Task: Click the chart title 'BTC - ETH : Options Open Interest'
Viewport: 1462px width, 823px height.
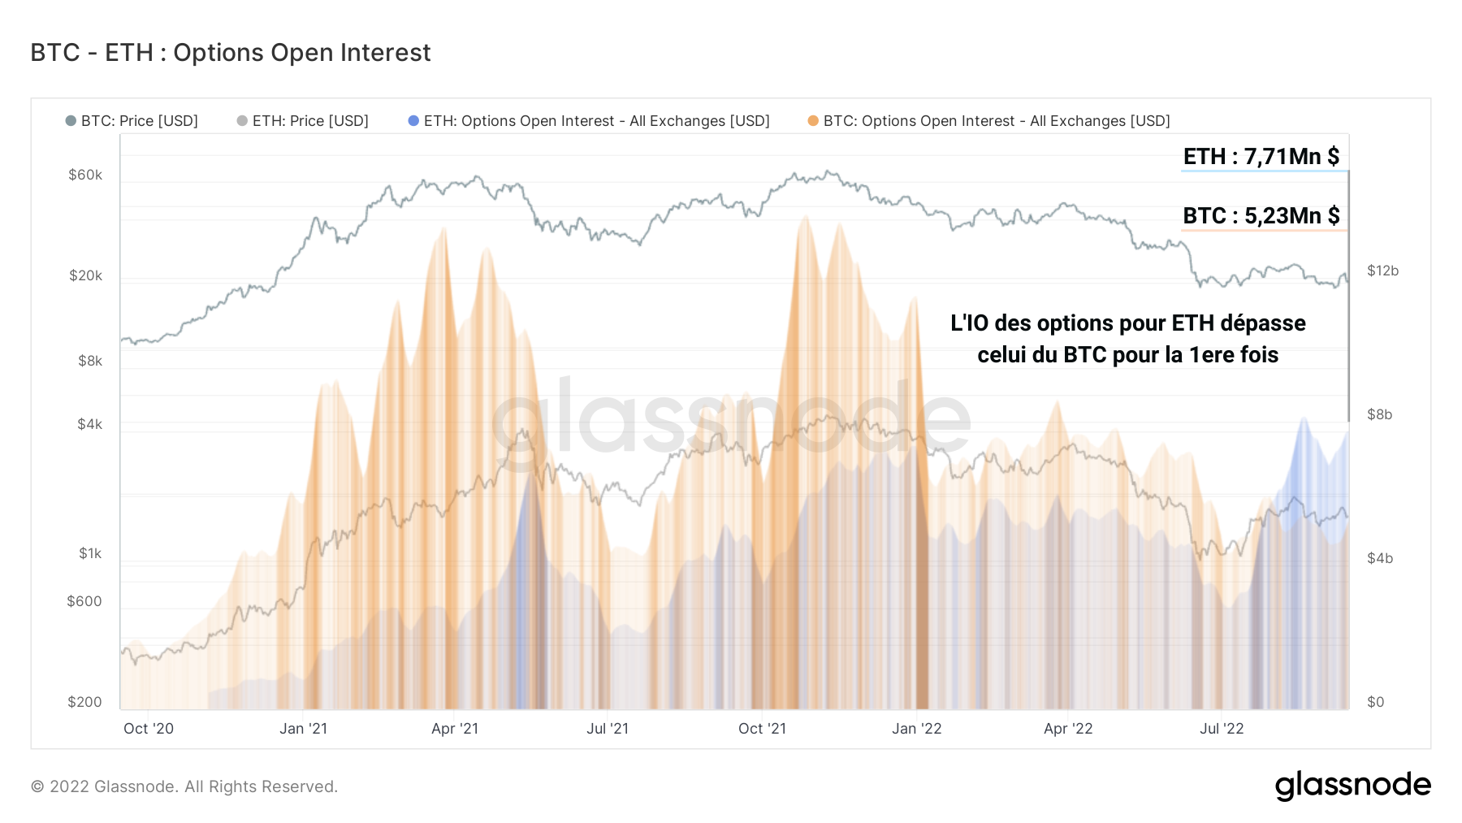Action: (x=230, y=53)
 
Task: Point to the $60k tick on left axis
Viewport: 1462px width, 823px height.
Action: (x=85, y=175)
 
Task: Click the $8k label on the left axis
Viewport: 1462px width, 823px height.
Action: (x=90, y=361)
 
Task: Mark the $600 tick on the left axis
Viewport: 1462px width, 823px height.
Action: (x=84, y=601)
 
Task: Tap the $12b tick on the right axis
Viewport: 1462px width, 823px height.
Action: (x=1382, y=271)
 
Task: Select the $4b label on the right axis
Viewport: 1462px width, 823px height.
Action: (x=1379, y=558)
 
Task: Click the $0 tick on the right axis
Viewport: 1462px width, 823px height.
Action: (x=1375, y=702)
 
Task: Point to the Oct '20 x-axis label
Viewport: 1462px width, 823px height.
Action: (x=149, y=729)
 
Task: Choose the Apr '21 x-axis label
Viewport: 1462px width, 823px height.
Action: (x=455, y=729)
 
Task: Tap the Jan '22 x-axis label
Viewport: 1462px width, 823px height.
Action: (x=916, y=729)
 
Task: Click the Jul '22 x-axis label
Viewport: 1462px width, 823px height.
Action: (x=1222, y=729)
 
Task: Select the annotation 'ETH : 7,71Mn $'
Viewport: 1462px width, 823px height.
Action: (x=1261, y=156)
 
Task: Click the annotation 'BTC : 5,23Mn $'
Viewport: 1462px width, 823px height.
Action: (x=1261, y=215)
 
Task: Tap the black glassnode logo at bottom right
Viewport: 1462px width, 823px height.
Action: (x=1352, y=786)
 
